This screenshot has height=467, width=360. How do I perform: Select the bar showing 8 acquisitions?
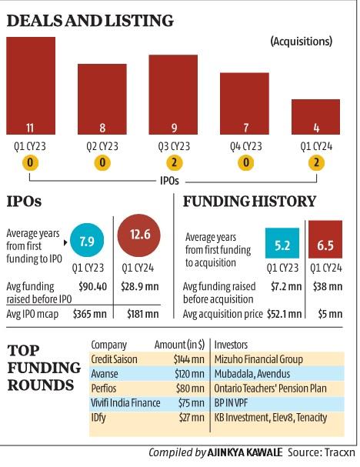[102, 99]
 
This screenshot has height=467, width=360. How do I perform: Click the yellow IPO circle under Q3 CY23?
[173, 162]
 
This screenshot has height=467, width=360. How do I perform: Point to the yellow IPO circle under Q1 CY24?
[315, 162]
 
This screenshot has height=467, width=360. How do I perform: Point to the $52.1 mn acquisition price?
[281, 313]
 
